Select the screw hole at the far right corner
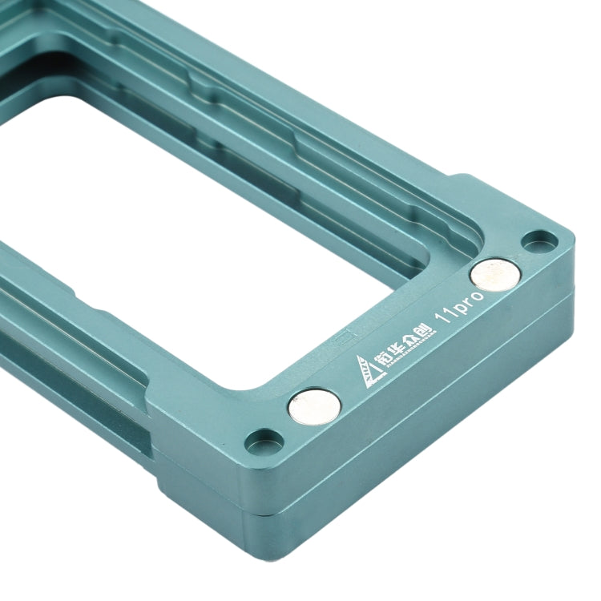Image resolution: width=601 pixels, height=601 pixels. (539, 240)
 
